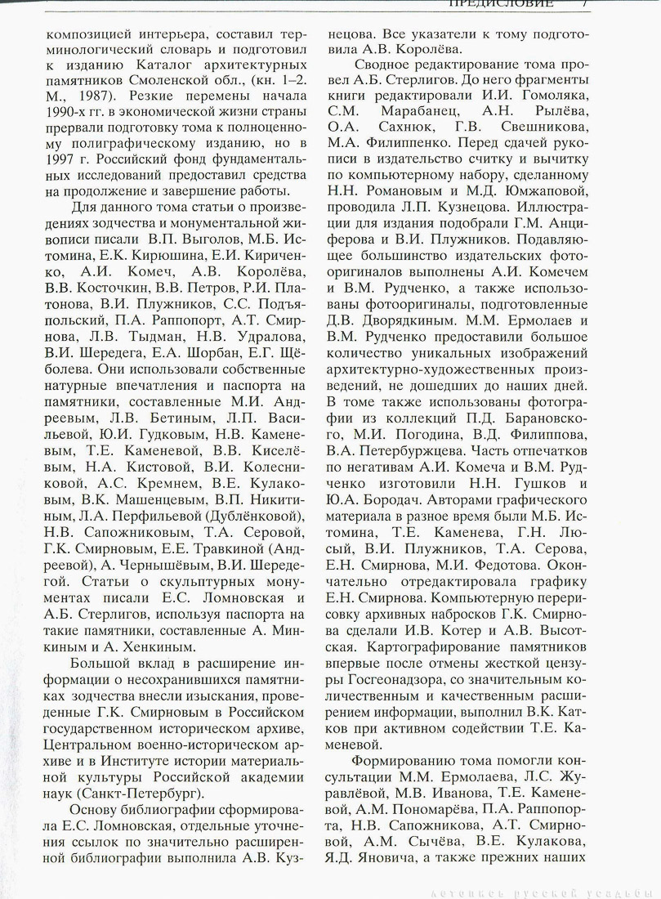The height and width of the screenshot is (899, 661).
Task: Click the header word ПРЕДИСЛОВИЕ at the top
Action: (x=501, y=3)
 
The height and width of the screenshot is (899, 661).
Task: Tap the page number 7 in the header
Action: (x=586, y=3)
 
